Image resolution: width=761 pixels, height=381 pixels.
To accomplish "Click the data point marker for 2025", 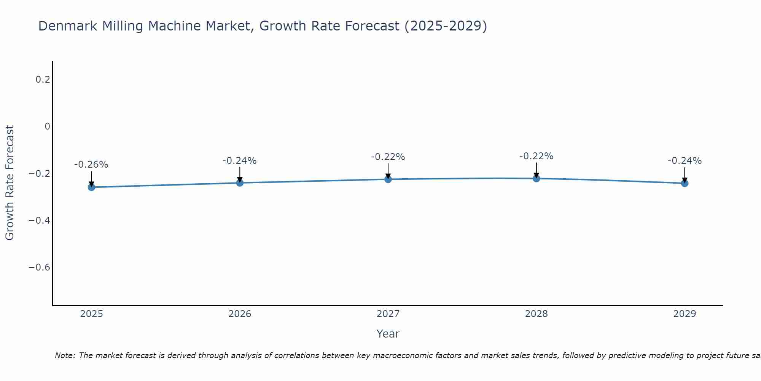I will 91,187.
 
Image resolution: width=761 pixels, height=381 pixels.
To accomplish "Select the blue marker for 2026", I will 240,183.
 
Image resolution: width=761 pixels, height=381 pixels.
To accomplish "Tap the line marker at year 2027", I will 388,179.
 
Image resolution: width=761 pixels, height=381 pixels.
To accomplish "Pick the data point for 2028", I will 537,178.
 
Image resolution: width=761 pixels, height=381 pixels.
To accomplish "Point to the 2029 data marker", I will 685,183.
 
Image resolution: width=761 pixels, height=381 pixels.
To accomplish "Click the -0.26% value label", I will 91,165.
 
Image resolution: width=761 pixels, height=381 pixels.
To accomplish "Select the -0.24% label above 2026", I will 240,161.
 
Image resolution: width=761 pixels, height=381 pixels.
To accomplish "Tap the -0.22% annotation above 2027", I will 388,157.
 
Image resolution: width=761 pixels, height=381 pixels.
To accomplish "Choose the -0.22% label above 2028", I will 537,156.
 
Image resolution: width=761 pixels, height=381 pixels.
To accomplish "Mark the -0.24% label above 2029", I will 685,161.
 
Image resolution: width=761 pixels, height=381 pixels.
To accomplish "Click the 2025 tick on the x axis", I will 91,314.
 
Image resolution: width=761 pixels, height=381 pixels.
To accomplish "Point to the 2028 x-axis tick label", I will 537,314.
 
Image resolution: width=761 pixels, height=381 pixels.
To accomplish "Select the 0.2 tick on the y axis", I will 43,80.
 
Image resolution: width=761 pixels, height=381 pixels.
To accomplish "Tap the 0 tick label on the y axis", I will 47,126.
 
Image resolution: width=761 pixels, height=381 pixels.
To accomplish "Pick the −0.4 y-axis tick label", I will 39,220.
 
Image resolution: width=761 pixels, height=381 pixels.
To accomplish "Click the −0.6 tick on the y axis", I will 39,267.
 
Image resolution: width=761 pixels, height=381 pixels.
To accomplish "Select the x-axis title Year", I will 388,334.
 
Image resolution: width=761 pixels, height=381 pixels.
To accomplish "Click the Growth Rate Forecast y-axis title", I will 10,183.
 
